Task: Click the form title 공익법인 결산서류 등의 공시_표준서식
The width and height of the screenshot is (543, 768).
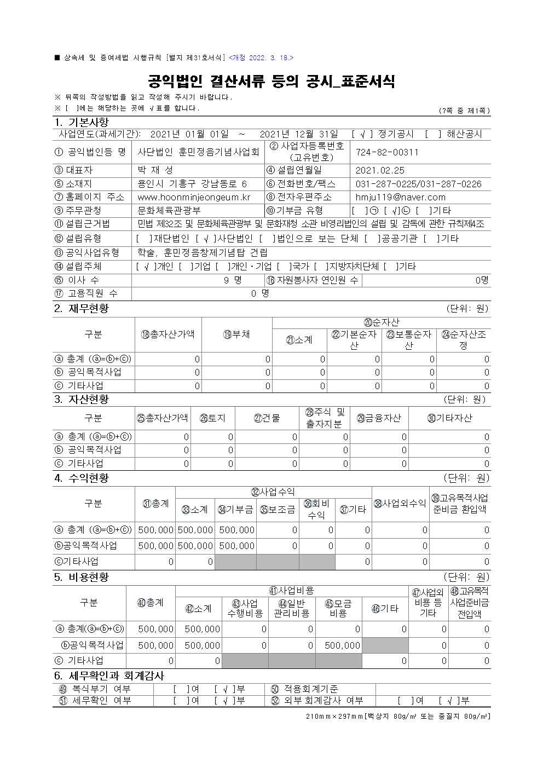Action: tap(271, 82)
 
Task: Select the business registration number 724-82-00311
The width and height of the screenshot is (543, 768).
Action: tap(387, 152)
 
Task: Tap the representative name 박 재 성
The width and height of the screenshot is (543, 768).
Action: tap(155, 171)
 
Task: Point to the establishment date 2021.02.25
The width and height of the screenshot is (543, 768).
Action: tap(380, 171)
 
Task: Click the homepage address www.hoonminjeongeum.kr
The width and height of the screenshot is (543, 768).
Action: tap(194, 197)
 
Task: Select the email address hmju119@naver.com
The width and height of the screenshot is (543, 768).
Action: tap(401, 197)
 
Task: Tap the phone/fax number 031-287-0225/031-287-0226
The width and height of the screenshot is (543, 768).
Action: tap(419, 184)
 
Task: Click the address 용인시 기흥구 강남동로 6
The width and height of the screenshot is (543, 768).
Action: tap(192, 184)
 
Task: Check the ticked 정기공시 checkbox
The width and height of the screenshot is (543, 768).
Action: tap(362, 134)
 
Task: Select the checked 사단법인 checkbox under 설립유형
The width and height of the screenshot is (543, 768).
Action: tap(206, 239)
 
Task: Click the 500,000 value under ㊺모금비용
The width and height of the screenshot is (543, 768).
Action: tap(342, 646)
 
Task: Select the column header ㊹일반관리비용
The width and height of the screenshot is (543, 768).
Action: tap(292, 608)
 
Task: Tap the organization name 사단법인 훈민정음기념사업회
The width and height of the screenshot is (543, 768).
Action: tap(198, 152)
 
